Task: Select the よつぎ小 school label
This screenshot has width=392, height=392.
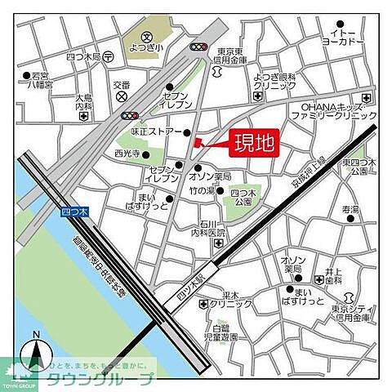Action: point(147,47)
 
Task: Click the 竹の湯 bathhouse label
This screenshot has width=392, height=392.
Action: point(202,192)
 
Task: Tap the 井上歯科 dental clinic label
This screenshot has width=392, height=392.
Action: point(332,275)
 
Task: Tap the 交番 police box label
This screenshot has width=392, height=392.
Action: point(122,85)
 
